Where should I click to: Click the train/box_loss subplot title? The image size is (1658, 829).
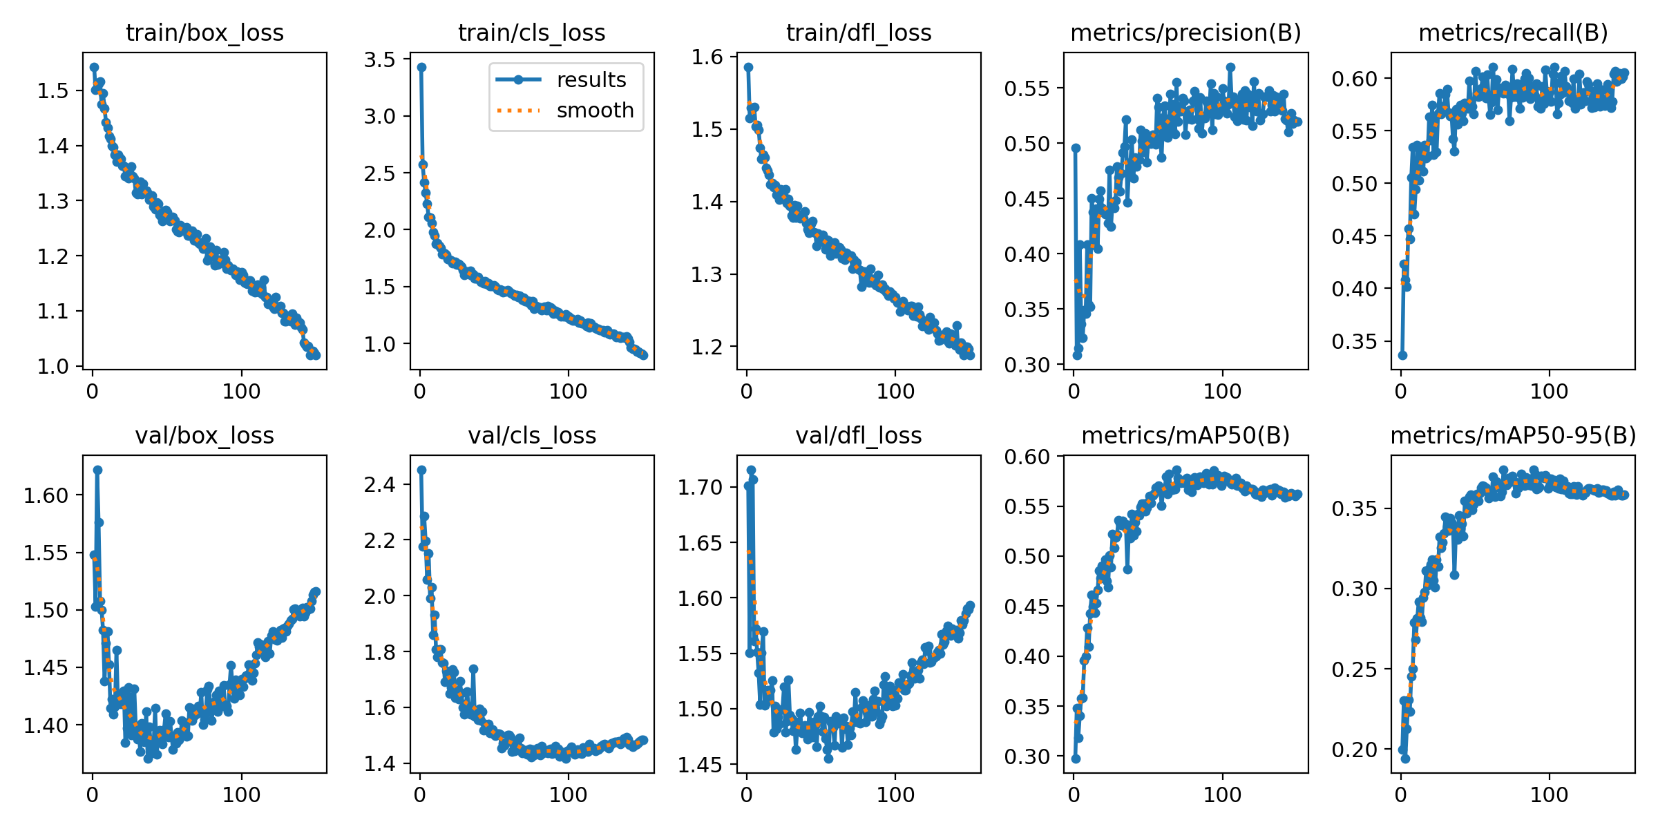coord(204,32)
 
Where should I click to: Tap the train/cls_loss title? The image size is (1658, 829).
coord(531,32)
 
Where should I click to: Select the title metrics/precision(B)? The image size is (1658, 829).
coord(1185,32)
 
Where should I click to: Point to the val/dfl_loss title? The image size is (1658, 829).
coord(859,435)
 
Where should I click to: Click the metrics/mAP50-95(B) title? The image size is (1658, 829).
coord(1513,435)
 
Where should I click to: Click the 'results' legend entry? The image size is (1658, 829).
coord(591,80)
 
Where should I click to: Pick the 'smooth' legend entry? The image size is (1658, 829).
coord(595,111)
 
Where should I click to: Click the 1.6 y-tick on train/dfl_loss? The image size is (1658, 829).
coord(707,57)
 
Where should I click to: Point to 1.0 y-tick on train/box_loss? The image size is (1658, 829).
coord(53,366)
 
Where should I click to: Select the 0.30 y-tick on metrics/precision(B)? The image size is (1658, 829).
coord(1027,365)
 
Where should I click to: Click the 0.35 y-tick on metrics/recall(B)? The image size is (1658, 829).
coord(1354,341)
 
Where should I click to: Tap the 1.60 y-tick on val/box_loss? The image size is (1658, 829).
coord(46,495)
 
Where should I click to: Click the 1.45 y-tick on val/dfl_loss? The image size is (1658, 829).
coord(700,765)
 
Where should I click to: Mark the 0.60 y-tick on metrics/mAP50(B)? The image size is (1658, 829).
coord(1027,457)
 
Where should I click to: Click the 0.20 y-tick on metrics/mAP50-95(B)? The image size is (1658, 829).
coord(1354,750)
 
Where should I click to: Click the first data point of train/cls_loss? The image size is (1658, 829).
coord(421,67)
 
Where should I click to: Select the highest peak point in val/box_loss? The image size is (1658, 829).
coord(97,470)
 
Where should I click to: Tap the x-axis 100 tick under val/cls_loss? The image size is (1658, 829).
coord(568,794)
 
